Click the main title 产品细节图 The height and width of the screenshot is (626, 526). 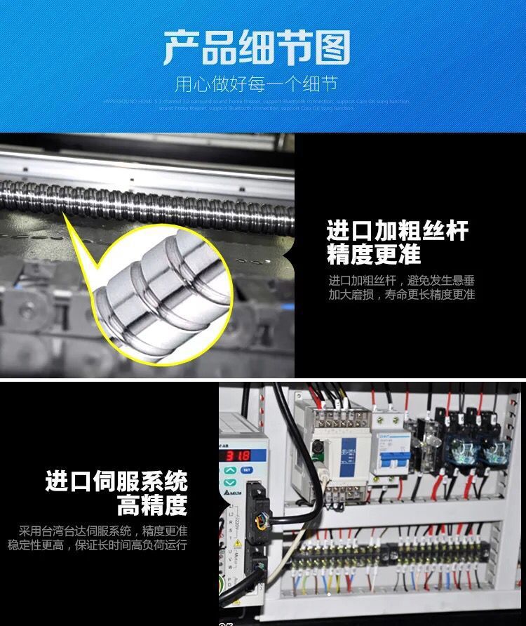[x=257, y=47]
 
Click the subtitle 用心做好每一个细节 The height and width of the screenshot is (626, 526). [x=256, y=85]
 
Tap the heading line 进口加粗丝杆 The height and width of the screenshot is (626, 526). [x=397, y=230]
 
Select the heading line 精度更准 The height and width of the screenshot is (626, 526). [x=374, y=254]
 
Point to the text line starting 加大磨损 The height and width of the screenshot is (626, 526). [x=401, y=295]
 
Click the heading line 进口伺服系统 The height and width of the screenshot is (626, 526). [x=116, y=481]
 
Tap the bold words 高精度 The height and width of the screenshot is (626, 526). [x=152, y=505]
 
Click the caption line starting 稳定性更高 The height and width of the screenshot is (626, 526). [x=97, y=545]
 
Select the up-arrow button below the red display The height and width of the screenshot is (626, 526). [x=230, y=470]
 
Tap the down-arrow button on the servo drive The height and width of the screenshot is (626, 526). [x=230, y=483]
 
